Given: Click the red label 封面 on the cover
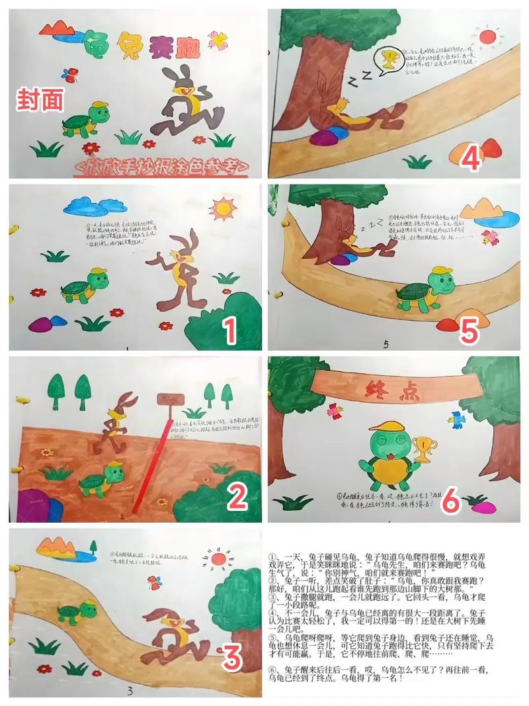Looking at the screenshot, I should [41, 100].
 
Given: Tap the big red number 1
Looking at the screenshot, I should [229, 330].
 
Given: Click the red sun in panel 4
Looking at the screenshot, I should [487, 36].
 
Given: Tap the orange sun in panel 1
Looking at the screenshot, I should [222, 209].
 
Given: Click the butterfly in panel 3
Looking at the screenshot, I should [155, 583].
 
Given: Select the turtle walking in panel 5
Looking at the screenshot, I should [423, 289].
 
